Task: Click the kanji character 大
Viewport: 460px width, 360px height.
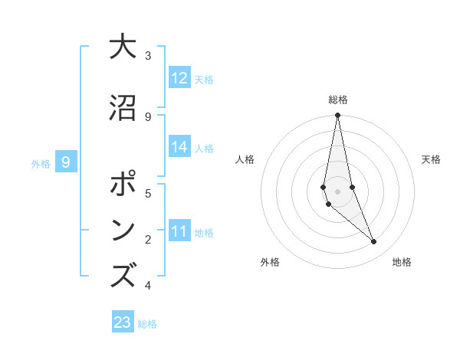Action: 123,47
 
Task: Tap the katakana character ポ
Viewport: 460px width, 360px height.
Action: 123,185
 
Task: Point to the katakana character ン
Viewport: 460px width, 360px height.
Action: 123,231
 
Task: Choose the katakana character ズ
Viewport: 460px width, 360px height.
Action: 123,277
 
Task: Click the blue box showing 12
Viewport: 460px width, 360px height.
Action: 179,78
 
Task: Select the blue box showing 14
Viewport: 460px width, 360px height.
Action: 179,147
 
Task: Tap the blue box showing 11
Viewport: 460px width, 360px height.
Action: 179,231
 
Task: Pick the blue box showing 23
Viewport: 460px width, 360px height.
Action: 123,322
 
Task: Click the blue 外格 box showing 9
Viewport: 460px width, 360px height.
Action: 66,162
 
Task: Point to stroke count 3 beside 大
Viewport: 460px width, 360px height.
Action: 148,56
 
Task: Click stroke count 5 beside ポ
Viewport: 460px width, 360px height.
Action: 148,194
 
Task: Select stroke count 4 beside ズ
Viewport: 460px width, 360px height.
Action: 148,286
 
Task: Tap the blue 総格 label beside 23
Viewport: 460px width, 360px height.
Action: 147,324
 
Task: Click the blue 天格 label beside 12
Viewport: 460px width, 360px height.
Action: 204,80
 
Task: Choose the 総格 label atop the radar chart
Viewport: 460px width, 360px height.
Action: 338,100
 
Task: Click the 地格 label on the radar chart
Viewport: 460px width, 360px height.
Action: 402,263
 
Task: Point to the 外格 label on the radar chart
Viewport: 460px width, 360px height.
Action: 270,263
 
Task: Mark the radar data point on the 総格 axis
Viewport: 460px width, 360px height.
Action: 337,116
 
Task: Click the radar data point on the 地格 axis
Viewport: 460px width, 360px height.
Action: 374,242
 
